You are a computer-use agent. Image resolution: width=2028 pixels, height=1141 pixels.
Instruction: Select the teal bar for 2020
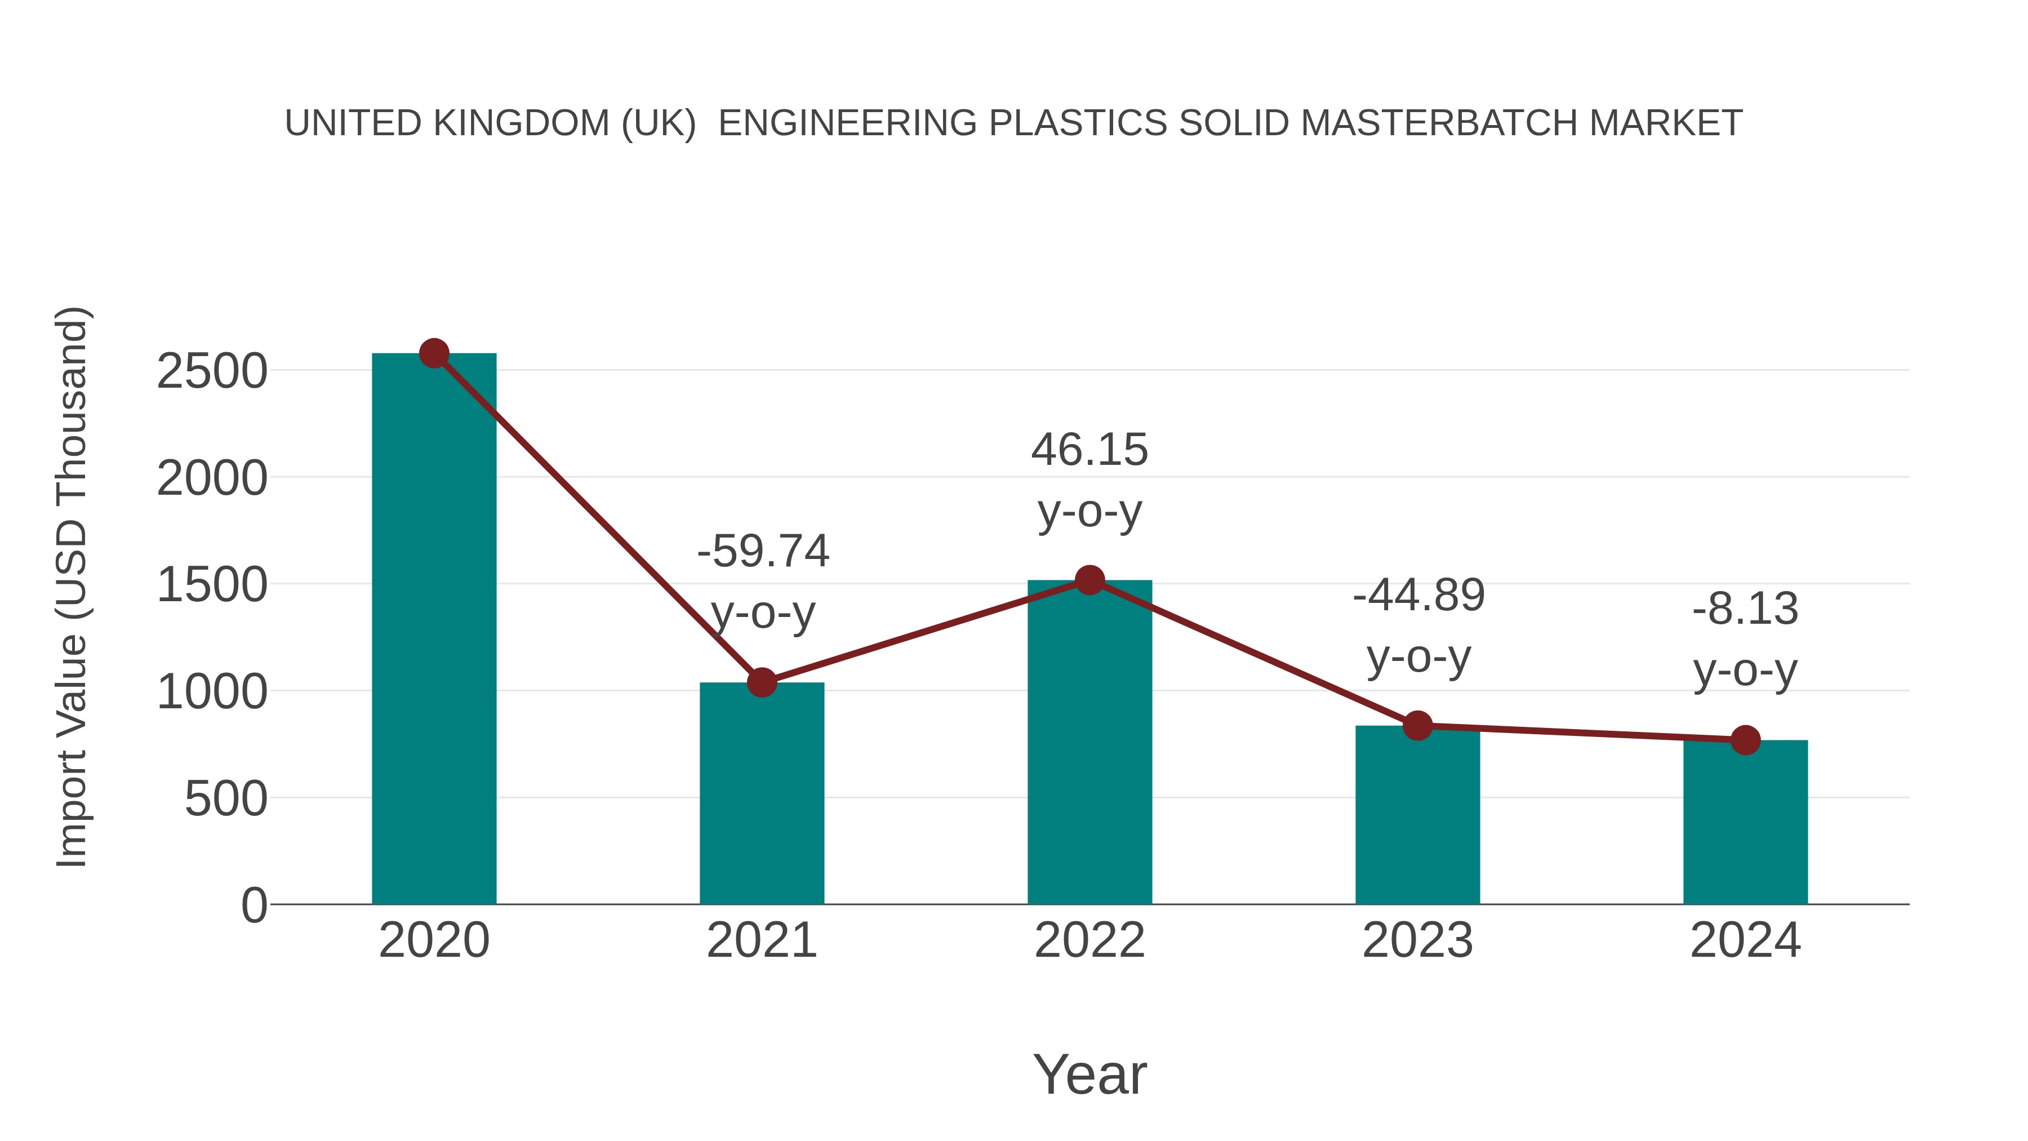pyautogui.click(x=434, y=630)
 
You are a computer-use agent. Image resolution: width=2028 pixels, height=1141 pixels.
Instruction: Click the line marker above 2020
pyautogui.click(x=434, y=353)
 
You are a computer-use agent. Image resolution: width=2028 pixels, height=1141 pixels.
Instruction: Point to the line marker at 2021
pyautogui.click(x=761, y=682)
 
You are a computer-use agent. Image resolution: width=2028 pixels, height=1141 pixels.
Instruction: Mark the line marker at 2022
pyautogui.click(x=1089, y=580)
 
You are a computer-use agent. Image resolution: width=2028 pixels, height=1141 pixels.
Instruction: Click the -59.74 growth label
pyautogui.click(x=763, y=551)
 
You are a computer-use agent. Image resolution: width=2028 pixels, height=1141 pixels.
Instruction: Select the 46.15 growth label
pyautogui.click(x=1089, y=450)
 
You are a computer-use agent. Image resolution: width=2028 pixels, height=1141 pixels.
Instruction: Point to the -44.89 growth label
pyautogui.click(x=1418, y=596)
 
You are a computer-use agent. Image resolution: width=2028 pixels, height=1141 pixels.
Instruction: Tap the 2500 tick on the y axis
pyautogui.click(x=212, y=372)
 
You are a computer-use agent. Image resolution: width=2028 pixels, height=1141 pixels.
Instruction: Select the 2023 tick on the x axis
pyautogui.click(x=1417, y=940)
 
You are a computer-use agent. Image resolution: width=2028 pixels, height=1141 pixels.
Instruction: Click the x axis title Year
pyautogui.click(x=1089, y=1074)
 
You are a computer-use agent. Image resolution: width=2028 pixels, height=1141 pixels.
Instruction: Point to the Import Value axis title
pyautogui.click(x=71, y=587)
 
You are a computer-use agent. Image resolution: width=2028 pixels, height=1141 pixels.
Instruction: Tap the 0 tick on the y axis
pyautogui.click(x=254, y=905)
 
